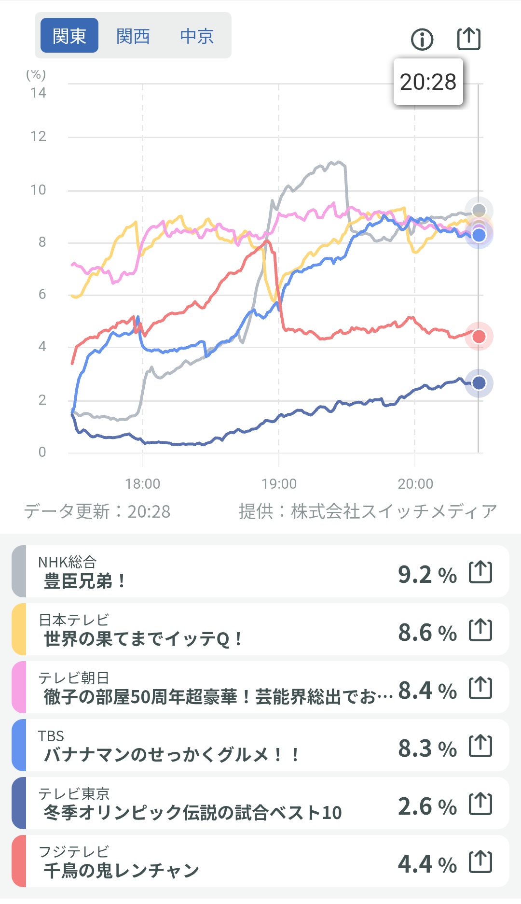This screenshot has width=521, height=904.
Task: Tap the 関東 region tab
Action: tap(69, 36)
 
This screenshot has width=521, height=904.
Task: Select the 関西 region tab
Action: tap(133, 36)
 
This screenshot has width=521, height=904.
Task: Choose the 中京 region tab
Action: tap(197, 36)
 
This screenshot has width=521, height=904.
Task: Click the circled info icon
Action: tap(422, 39)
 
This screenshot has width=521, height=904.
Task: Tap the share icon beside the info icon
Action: tap(468, 39)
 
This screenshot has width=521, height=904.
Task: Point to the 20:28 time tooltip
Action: tap(428, 82)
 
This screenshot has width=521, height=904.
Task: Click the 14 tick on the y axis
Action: tap(39, 93)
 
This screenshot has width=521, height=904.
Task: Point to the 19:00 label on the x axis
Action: tap(279, 483)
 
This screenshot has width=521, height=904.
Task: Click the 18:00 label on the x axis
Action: tap(142, 483)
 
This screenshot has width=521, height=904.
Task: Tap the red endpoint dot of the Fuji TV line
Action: tap(479, 337)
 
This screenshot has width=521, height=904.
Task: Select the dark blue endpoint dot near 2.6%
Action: tap(479, 383)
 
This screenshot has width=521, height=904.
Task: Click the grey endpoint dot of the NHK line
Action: tap(479, 210)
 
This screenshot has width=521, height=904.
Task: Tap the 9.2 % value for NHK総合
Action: tap(427, 575)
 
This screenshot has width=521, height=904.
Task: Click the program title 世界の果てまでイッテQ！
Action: tap(143, 639)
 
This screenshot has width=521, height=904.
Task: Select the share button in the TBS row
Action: tap(480, 746)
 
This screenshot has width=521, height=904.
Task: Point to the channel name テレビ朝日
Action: tap(74, 678)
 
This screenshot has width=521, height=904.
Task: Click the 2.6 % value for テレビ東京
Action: tap(427, 806)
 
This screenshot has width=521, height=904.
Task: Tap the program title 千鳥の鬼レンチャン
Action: tap(121, 871)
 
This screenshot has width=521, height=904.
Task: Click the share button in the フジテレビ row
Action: tap(480, 862)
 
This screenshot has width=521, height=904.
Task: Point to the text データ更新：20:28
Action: tap(97, 511)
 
